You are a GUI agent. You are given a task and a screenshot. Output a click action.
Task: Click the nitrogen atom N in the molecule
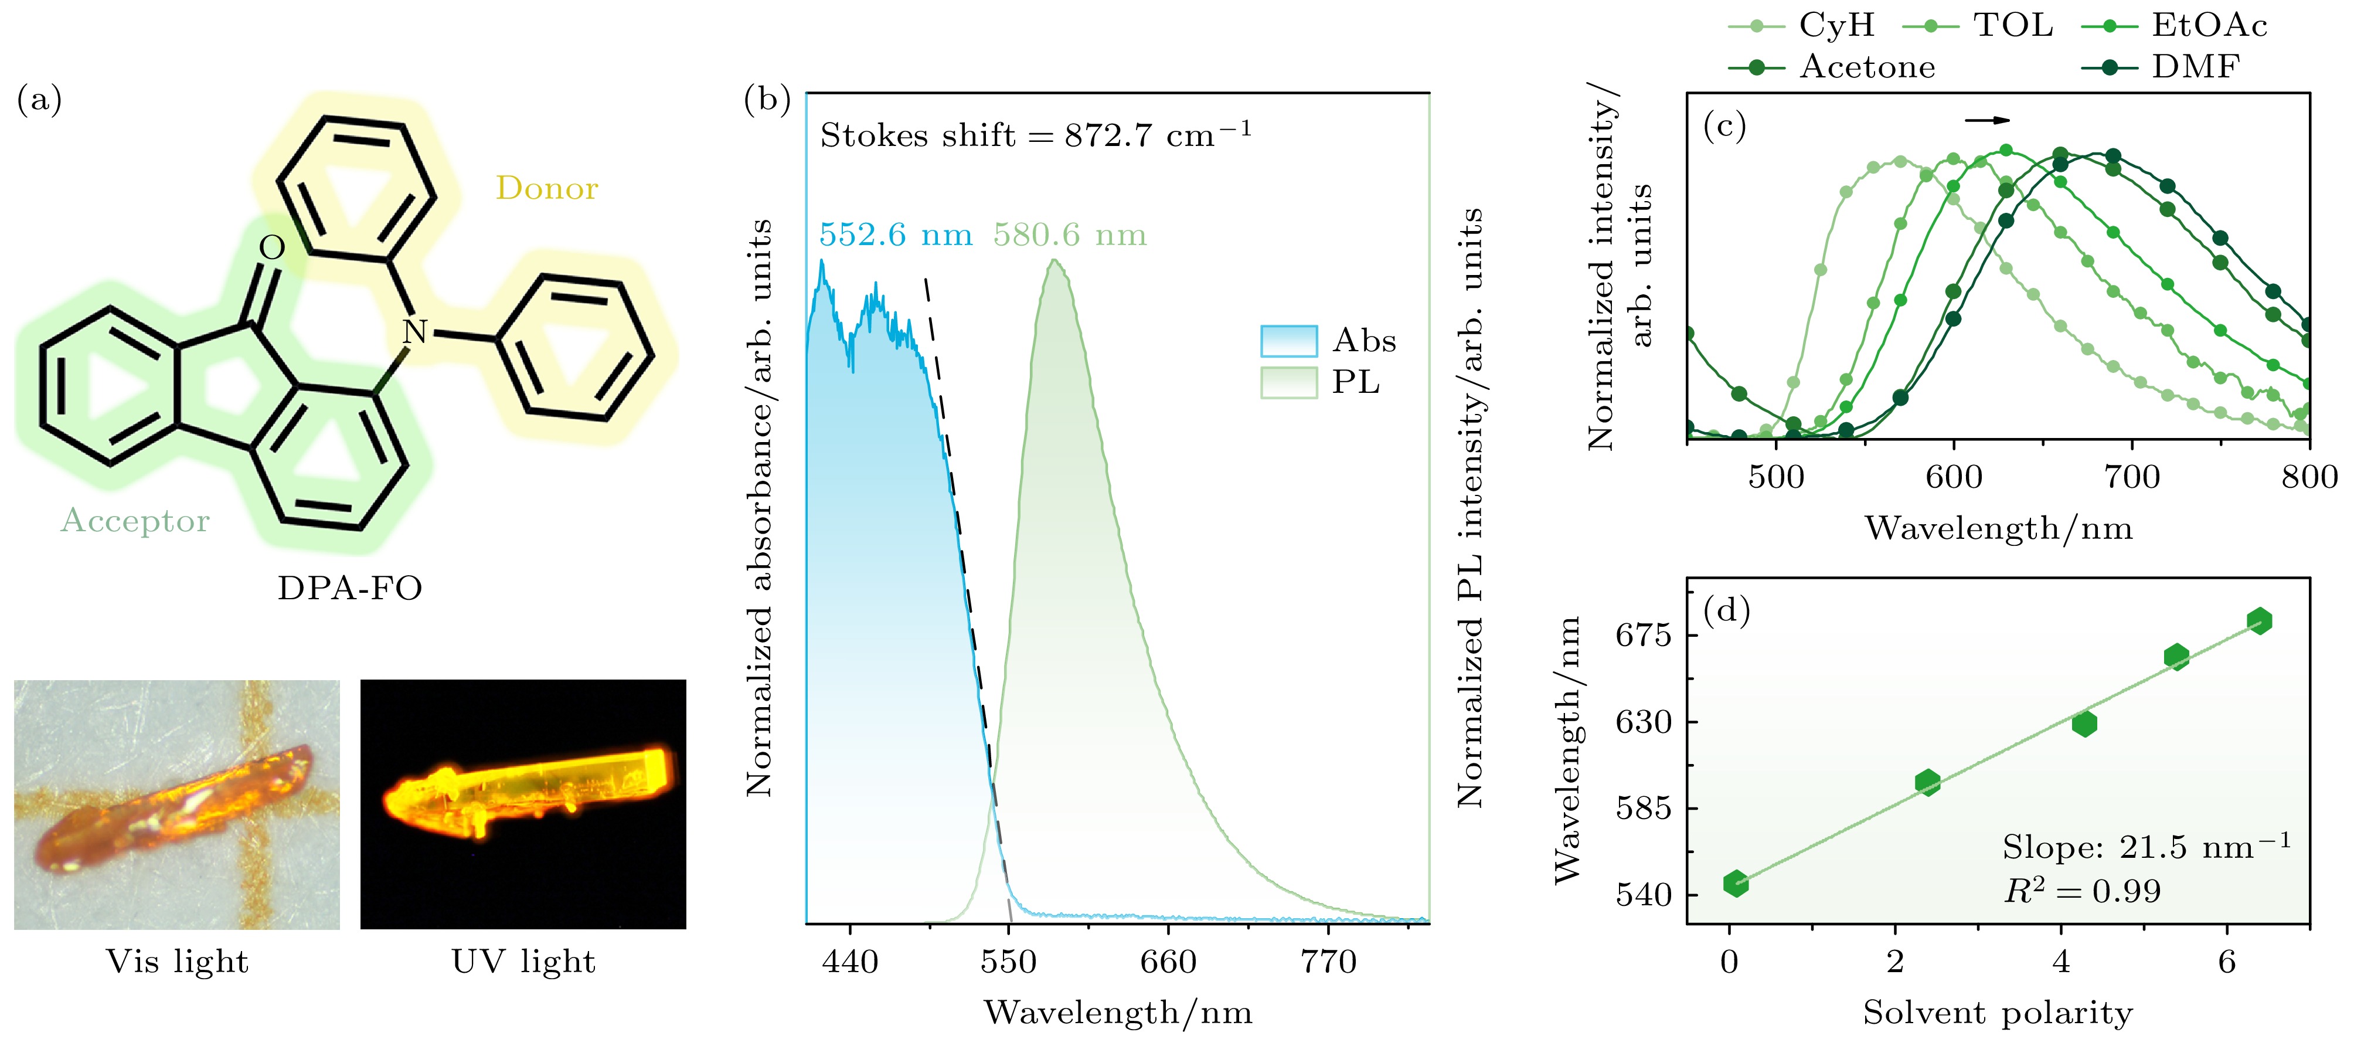[x=415, y=331]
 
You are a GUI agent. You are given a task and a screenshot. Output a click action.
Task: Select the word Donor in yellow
[x=546, y=188]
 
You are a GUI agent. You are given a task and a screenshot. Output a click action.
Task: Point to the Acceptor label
[x=135, y=521]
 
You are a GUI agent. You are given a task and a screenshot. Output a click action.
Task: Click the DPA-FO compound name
[x=350, y=588]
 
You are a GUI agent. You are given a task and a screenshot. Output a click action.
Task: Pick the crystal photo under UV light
[x=523, y=803]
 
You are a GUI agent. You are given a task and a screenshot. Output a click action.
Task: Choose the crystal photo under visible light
[x=176, y=803]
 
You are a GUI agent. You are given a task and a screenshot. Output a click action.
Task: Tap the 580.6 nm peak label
[x=1069, y=235]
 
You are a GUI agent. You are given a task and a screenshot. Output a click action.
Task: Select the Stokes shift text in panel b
[x=1035, y=135]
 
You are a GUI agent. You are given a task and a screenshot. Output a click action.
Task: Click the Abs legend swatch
[x=1288, y=341]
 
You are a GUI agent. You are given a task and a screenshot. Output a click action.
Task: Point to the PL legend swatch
[x=1288, y=382]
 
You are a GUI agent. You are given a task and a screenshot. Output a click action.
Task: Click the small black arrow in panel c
[x=1988, y=120]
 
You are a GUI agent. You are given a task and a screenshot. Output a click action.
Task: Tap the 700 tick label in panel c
[x=2132, y=477]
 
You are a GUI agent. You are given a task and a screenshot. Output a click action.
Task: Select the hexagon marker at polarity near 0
[x=1736, y=882]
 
